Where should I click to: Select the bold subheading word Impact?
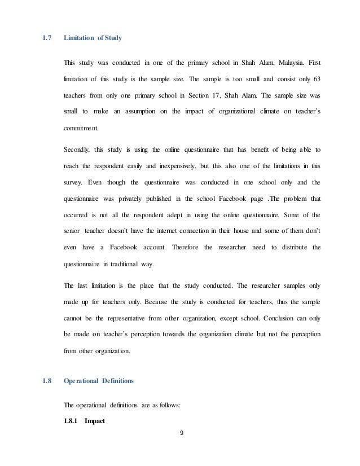[x=96, y=421]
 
